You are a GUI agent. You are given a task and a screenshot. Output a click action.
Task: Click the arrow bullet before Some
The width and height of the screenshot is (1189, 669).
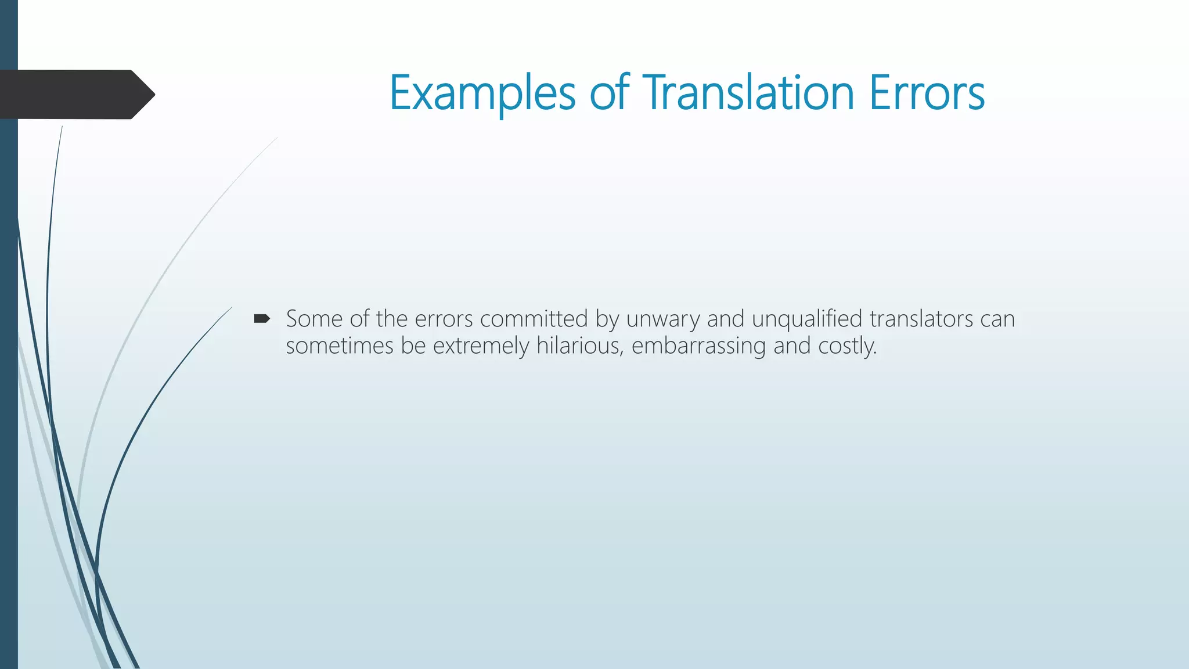(262, 318)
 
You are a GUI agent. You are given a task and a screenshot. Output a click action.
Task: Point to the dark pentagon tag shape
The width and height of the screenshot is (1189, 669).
(75, 95)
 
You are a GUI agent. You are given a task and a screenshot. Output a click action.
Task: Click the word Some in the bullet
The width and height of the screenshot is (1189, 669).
(314, 319)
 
